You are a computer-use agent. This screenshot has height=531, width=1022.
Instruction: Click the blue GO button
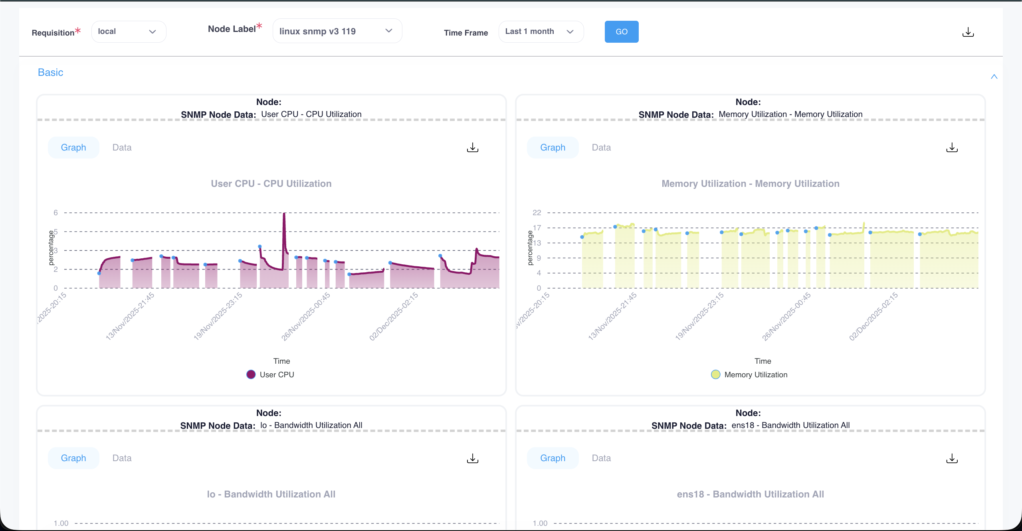[x=621, y=32]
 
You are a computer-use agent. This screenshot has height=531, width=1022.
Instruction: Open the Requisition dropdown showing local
[x=129, y=32]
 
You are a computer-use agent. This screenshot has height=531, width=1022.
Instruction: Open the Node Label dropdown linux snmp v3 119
[x=337, y=31]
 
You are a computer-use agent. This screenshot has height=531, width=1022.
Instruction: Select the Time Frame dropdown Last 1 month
[x=541, y=32]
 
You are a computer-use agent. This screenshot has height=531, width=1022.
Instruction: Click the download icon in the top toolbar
[x=968, y=32]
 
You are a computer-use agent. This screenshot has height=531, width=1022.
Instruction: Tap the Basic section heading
[x=50, y=73]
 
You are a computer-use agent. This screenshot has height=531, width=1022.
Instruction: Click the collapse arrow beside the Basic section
[x=994, y=77]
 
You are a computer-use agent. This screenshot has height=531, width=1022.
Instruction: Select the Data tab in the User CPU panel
[x=122, y=148]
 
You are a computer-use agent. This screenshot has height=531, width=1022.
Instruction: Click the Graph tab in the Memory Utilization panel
[x=553, y=148]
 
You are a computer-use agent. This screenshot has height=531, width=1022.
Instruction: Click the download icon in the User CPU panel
[x=472, y=148]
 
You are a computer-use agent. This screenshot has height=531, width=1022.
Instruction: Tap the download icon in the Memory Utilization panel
[x=952, y=148]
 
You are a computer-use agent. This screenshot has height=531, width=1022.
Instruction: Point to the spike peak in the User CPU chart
[x=284, y=214]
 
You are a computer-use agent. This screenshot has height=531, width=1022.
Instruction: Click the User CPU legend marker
[x=251, y=374]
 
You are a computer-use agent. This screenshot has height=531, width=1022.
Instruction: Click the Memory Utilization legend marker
[x=715, y=374]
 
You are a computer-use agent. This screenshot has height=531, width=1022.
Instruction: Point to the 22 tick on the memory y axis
[x=537, y=213]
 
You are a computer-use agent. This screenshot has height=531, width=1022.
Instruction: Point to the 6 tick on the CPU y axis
[x=56, y=213]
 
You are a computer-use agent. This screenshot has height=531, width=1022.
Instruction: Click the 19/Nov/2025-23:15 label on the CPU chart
[x=218, y=316]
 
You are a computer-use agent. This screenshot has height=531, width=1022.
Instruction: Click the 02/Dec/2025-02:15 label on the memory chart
[x=873, y=316]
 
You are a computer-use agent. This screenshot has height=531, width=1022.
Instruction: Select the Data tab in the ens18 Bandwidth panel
[x=601, y=458]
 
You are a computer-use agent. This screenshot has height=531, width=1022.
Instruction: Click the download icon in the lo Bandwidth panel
[x=472, y=458]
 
